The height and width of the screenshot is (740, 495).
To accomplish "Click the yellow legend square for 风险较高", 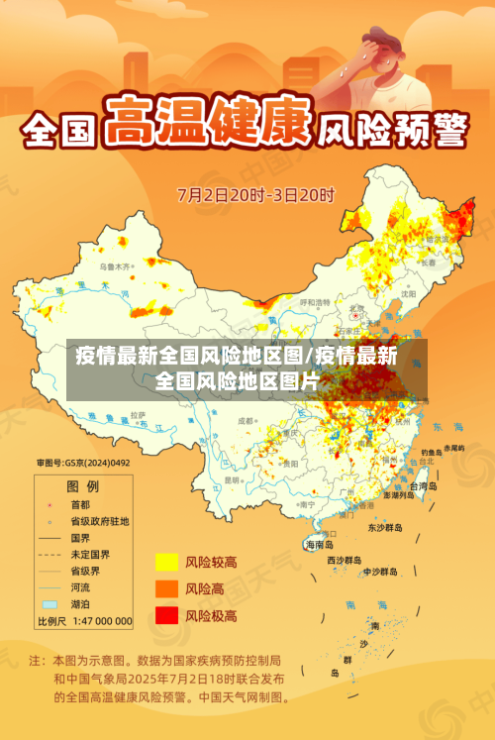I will click(166, 563).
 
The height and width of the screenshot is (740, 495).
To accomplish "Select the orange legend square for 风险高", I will click(166, 589).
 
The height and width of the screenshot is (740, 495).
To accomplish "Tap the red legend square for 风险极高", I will click(166, 616).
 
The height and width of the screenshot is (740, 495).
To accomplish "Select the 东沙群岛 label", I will click(386, 527).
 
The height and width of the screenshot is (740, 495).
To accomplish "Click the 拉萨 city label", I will click(137, 413).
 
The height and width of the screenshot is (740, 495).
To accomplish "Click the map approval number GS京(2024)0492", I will click(83, 463).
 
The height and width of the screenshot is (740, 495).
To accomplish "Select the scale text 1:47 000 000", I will click(99, 621).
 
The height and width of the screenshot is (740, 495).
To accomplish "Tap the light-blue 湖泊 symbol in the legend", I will click(49, 603).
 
